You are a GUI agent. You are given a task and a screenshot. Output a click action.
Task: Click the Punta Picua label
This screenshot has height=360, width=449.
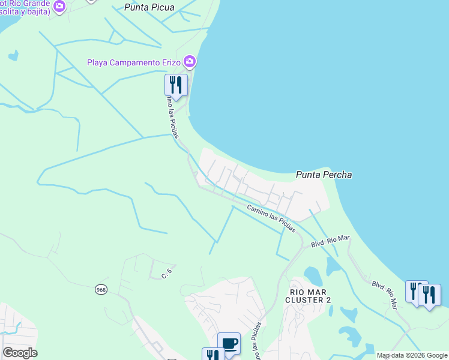[x=149, y=8]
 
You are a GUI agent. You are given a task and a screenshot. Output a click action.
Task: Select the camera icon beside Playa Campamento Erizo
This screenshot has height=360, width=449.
[x=190, y=61]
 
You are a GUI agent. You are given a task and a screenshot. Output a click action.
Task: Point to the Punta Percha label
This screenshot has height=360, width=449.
[x=324, y=175]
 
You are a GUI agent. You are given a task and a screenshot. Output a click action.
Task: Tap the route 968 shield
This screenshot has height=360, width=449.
[x=100, y=289]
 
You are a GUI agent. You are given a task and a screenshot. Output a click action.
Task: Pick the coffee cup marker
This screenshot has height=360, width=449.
[x=229, y=343]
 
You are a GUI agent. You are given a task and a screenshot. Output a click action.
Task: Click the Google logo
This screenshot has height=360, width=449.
[x=20, y=353]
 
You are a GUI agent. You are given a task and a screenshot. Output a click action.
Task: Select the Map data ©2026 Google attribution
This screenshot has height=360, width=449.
[x=412, y=355]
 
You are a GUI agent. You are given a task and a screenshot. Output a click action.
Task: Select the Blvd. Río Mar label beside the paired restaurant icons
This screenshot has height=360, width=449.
[x=385, y=295]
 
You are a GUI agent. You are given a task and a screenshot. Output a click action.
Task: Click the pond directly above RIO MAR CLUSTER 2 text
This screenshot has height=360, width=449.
[x=313, y=275]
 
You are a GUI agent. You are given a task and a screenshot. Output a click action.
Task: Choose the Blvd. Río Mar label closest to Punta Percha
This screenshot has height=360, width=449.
[x=330, y=241]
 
